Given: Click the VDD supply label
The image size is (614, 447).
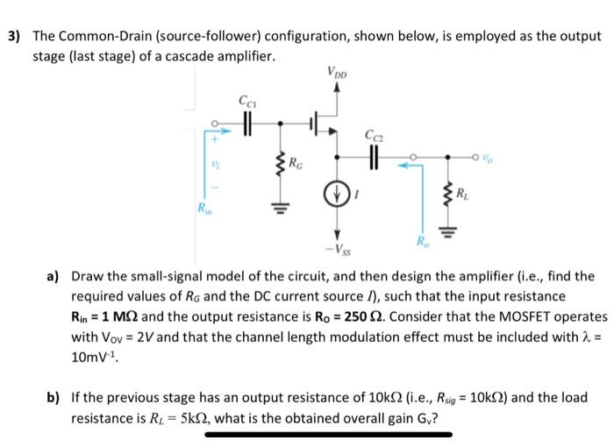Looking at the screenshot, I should [x=335, y=72].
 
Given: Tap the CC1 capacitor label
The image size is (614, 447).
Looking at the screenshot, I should [x=247, y=100].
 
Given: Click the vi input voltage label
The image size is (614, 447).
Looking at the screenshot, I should [x=214, y=162].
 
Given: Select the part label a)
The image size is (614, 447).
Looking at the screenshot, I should [x=53, y=275].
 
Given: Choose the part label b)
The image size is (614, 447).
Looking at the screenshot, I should [x=53, y=397].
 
